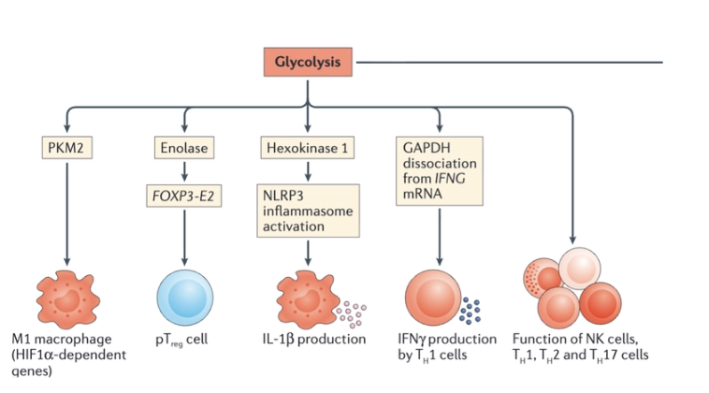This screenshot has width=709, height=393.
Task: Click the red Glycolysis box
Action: pyautogui.click(x=308, y=64)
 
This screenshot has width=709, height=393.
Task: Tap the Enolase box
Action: pyautogui.click(x=185, y=148)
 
